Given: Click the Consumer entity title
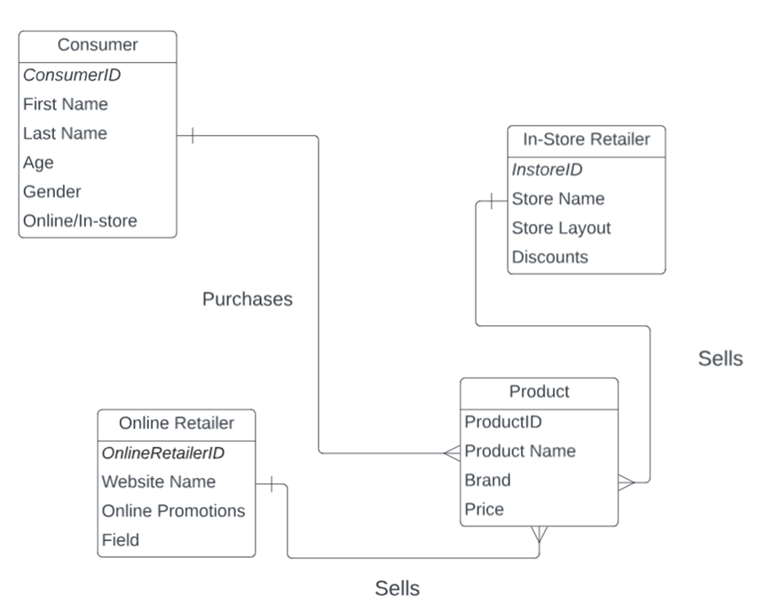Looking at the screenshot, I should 98,45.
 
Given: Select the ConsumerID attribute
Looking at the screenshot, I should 72,76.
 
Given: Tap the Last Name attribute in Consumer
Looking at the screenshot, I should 65,133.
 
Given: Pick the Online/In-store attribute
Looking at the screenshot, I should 80,220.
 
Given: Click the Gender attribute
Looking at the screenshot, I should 52,191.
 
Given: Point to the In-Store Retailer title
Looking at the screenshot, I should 585,139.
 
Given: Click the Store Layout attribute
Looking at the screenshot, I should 561,227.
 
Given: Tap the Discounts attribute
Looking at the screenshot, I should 549,257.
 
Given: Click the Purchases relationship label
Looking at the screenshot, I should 248,299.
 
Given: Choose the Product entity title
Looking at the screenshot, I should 539,392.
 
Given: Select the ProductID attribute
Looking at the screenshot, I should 503,421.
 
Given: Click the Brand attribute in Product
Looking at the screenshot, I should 487,480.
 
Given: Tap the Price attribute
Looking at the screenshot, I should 485,509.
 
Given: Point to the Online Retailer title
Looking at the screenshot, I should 177,423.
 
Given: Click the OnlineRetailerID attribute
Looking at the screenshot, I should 163,453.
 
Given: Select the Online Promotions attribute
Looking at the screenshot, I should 174,511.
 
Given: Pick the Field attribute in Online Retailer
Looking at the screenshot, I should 121,539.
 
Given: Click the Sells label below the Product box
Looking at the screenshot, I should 398,587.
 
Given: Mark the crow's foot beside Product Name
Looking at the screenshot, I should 452,453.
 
